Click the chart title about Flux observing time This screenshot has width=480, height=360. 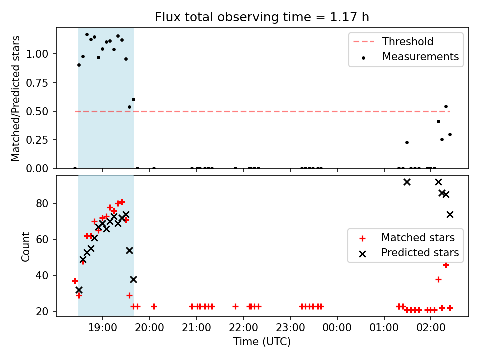(x=262, y=17)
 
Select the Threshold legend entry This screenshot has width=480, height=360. (x=393, y=41)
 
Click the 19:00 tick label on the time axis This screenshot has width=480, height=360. (x=102, y=328)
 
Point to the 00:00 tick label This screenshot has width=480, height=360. (x=337, y=328)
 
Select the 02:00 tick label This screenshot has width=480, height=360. (x=431, y=328)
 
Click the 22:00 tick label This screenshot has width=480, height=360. (x=243, y=328)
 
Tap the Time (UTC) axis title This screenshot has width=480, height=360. (x=262, y=341)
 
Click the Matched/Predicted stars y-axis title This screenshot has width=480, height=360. (x=16, y=98)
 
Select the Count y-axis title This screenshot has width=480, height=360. (x=25, y=246)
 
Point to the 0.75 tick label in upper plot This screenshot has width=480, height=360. (x=37, y=83)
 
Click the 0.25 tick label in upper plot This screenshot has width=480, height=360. (x=37, y=140)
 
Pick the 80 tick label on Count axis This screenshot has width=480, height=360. (x=42, y=203)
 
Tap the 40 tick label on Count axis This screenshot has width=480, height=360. (x=42, y=275)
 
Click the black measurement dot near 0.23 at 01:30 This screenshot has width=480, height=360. (x=407, y=142)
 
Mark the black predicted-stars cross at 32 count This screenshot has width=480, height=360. (x=79, y=290)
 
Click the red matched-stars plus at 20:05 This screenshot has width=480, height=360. (x=154, y=306)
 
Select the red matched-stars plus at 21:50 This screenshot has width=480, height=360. (x=235, y=306)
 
